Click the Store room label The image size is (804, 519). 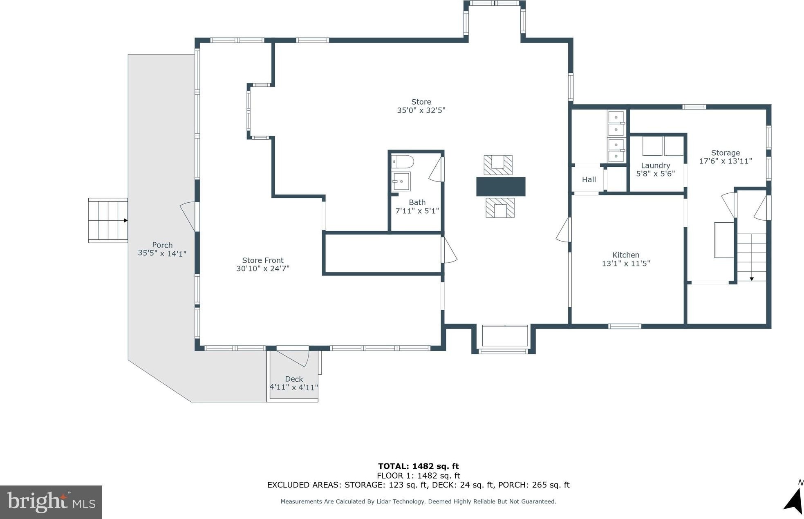point(421,102)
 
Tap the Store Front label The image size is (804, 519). point(263,260)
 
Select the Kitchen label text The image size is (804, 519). point(626,255)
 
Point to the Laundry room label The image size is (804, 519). point(656,166)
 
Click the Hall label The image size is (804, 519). point(589,179)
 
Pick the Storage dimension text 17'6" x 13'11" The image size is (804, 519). point(726,161)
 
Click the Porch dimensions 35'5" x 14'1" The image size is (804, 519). point(162,253)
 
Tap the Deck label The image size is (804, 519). point(294,379)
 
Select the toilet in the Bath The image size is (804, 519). point(402,161)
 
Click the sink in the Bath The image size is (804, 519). point(401,181)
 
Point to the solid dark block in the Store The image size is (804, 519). point(501,186)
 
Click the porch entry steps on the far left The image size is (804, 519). point(108,220)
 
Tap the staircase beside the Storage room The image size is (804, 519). point(751,257)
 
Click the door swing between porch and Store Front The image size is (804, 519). point(188,216)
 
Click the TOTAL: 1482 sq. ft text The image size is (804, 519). point(419,466)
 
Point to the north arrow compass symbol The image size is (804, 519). point(794,500)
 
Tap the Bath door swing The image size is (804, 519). point(436,169)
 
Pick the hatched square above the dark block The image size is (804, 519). point(498,165)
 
